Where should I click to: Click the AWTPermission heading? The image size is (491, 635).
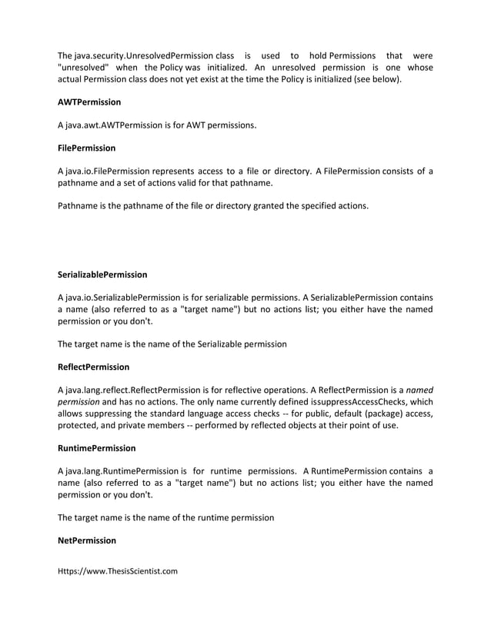89,101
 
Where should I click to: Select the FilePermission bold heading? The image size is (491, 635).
87,147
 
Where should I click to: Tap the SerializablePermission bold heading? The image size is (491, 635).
102,274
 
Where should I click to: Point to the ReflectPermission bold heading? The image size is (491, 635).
94,367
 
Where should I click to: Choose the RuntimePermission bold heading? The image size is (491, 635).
97,447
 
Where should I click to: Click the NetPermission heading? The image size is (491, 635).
87,540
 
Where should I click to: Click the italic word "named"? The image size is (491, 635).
419,390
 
